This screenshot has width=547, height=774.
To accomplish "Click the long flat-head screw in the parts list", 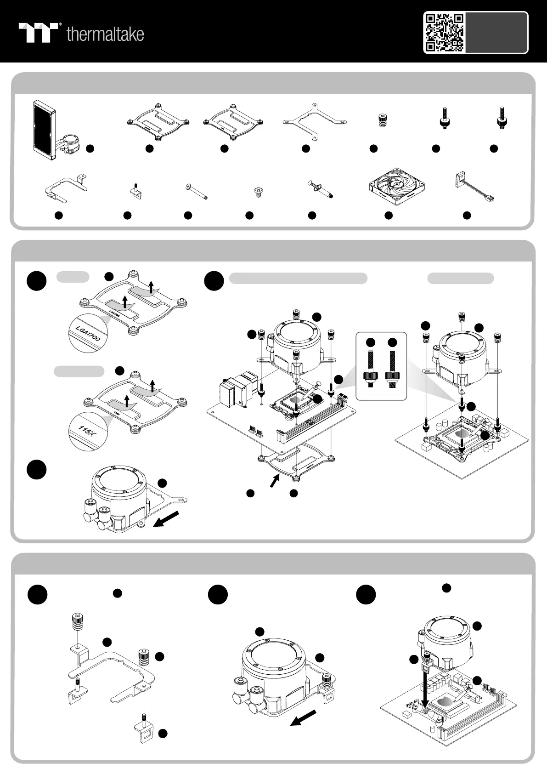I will click(196, 191).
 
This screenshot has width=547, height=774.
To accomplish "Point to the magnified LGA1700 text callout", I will click(87, 333).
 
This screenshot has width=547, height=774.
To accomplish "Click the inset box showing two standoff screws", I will click(381, 366).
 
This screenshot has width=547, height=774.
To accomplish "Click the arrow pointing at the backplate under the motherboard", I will click(274, 482).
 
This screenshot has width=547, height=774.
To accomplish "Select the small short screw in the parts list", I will click(258, 192).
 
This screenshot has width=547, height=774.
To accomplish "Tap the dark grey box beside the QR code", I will click(496, 32).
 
